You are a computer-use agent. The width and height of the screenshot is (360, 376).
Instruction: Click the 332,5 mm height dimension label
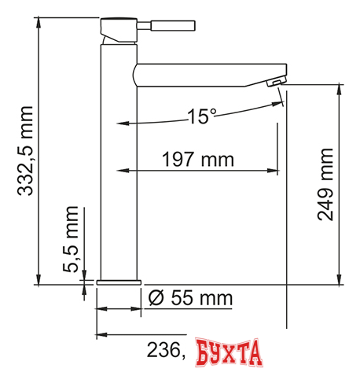[26, 150]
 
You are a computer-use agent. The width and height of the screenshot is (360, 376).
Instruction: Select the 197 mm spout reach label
[197, 160]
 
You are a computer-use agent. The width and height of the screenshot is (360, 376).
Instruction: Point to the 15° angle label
[201, 117]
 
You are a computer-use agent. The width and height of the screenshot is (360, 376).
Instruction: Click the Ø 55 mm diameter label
[190, 298]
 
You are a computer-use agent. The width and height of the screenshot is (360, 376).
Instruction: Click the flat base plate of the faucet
[118, 282]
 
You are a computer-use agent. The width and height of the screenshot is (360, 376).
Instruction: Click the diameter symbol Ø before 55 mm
[156, 298]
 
